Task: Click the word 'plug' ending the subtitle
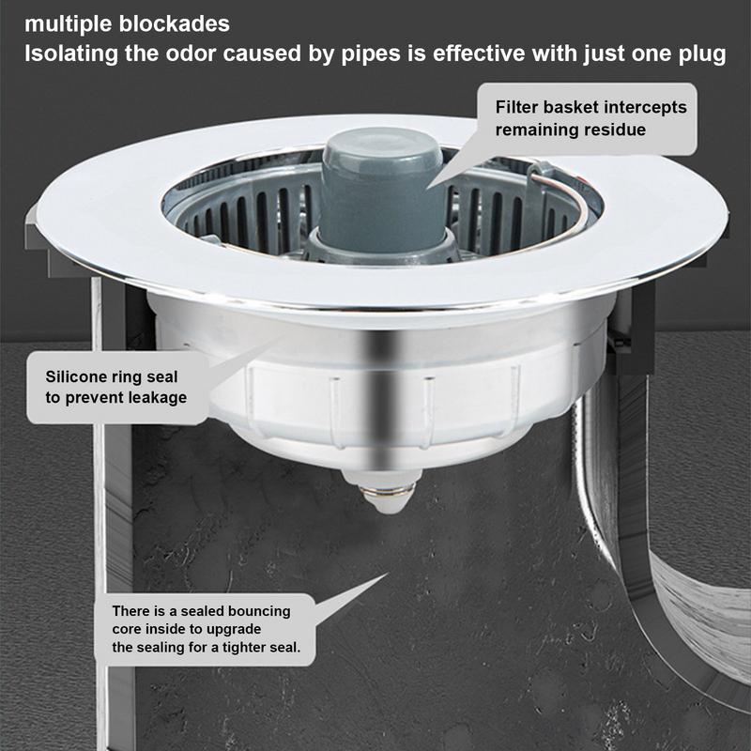click(x=701, y=54)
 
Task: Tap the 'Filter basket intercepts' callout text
click(x=590, y=107)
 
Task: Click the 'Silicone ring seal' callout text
click(x=112, y=376)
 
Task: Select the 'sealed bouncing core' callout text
click(x=201, y=620)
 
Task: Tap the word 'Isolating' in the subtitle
click(x=66, y=54)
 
